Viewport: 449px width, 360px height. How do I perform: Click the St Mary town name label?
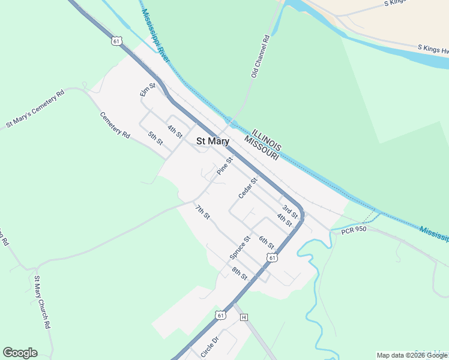[x=213, y=142]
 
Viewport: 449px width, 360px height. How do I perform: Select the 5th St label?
[x=156, y=137]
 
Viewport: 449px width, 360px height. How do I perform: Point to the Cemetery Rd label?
[x=115, y=125]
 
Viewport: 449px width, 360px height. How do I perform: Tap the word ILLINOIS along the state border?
[x=267, y=139]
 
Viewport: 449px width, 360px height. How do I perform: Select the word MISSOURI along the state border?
[x=261, y=148]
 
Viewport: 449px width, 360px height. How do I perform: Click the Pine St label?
[x=224, y=166]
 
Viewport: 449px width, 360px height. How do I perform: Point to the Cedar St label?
[x=248, y=188]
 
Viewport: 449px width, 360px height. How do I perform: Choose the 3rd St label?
[x=291, y=211]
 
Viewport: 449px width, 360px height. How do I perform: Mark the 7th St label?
[x=203, y=212]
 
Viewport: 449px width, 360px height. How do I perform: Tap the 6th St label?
[x=267, y=242]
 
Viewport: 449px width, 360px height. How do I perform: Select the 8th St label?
[x=240, y=273]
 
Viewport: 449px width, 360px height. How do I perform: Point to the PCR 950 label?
[x=354, y=230]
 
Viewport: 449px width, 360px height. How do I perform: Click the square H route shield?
[x=244, y=317]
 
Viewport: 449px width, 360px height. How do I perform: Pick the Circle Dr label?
[x=211, y=347]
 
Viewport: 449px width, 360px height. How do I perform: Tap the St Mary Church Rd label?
[x=41, y=302]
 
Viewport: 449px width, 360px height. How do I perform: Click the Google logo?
[x=20, y=353]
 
